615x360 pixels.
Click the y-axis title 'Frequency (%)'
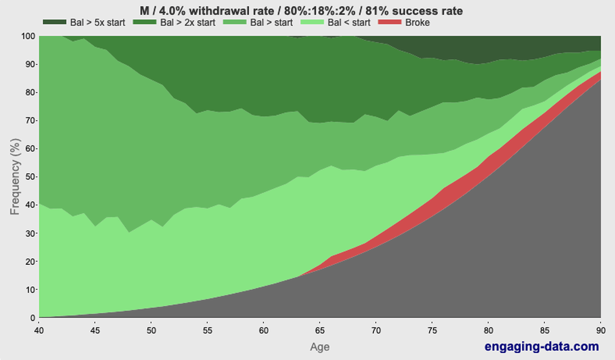tap(15, 177)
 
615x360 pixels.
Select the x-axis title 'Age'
tap(320, 347)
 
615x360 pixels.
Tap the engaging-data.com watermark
tap(541, 346)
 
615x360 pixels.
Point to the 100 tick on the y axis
tap(28, 36)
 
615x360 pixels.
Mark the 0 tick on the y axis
tap(32, 318)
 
